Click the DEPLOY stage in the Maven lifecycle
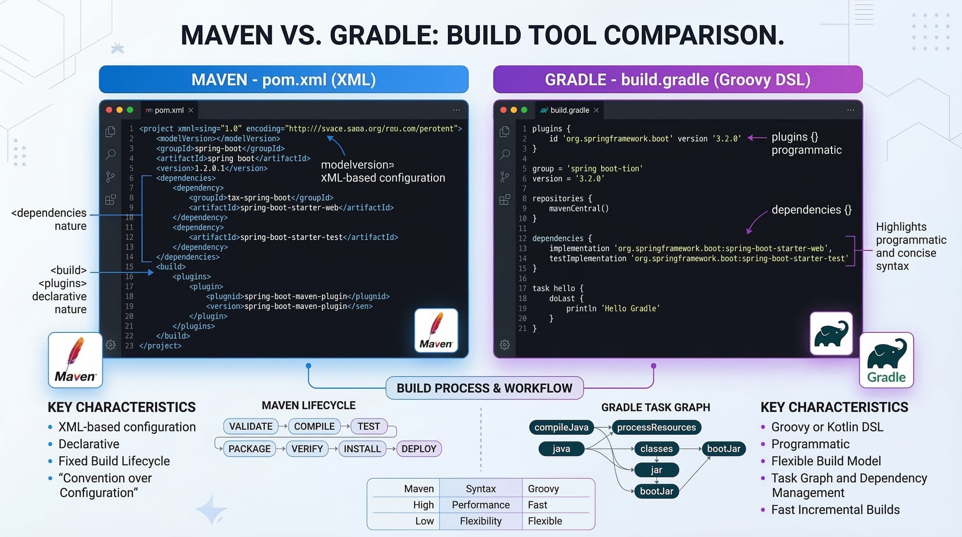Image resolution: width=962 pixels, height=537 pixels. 418,448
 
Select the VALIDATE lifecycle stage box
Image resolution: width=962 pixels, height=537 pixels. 251,426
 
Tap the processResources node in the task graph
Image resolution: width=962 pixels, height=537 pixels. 656,427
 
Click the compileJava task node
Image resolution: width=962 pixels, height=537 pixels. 561,427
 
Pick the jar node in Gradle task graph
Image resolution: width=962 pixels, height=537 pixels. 656,470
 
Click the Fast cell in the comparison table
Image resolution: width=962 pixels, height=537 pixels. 537,505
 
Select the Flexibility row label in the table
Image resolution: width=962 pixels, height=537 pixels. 481,521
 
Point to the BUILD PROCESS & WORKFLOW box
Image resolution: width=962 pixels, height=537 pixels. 484,388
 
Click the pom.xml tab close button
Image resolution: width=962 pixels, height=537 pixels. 191,110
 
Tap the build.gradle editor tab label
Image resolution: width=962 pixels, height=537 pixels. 570,110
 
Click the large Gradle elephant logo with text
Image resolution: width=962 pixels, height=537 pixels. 886,360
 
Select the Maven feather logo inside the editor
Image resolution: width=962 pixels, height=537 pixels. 436,331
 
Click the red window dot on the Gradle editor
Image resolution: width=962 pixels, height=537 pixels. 503,110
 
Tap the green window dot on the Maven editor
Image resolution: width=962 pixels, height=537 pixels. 130,110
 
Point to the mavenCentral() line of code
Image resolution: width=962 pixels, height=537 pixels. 579,208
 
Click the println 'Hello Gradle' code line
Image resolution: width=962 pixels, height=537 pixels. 612,308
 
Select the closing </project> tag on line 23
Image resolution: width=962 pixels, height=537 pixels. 160,345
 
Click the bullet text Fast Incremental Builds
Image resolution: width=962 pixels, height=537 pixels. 835,510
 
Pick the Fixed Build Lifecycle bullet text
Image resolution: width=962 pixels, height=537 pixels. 114,461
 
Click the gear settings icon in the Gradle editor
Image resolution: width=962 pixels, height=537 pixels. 505,345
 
